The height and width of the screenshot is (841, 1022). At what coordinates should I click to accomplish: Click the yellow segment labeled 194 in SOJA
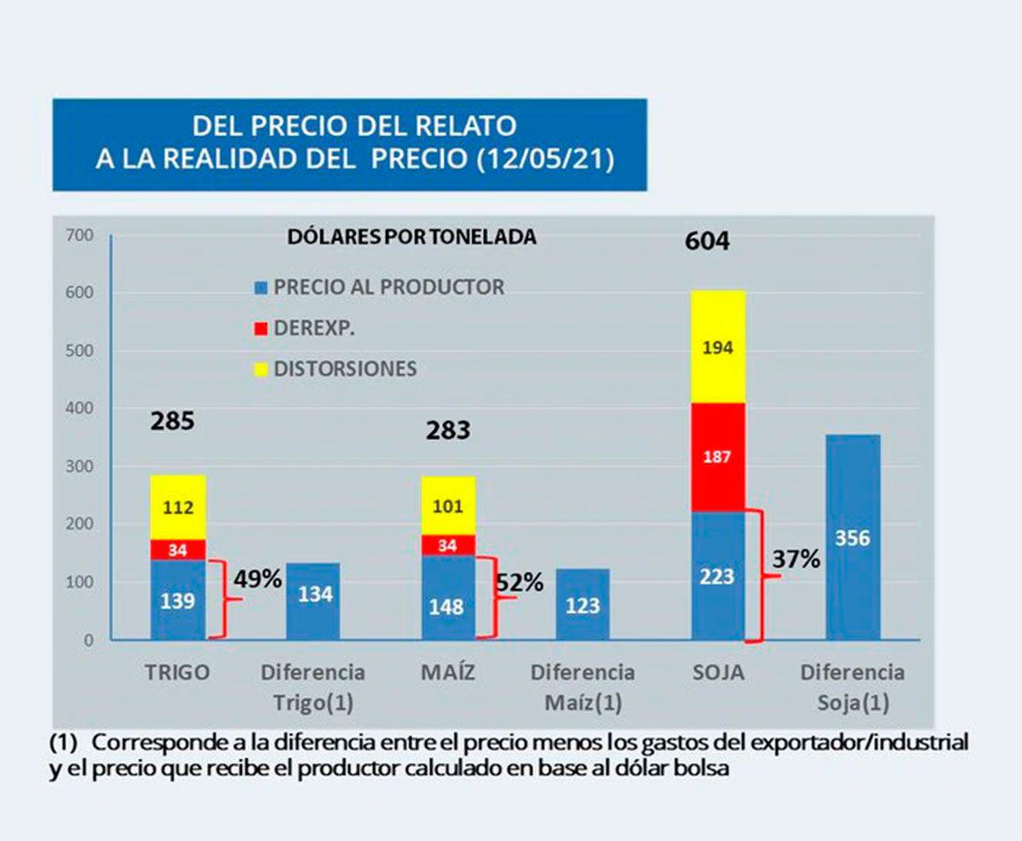718,347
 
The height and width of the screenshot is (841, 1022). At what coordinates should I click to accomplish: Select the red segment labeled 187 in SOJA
718,457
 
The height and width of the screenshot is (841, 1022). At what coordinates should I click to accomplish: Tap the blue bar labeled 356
853,538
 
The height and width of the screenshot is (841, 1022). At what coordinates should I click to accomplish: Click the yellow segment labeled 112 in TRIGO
178,508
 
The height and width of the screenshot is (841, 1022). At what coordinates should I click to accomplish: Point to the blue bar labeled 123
583,605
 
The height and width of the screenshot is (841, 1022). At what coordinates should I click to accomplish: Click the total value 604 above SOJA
707,241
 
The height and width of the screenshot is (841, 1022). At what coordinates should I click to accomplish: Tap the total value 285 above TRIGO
173,420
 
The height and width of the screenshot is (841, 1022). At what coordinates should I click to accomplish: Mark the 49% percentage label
258,579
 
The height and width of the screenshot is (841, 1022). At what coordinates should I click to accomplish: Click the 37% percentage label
796,559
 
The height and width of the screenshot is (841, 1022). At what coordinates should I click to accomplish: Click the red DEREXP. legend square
261,329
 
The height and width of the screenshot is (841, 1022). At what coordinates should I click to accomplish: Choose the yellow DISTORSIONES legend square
261,370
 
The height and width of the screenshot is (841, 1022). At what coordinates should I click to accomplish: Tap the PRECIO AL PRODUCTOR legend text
388,287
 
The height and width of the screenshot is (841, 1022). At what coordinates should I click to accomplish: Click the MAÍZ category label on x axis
447,672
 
